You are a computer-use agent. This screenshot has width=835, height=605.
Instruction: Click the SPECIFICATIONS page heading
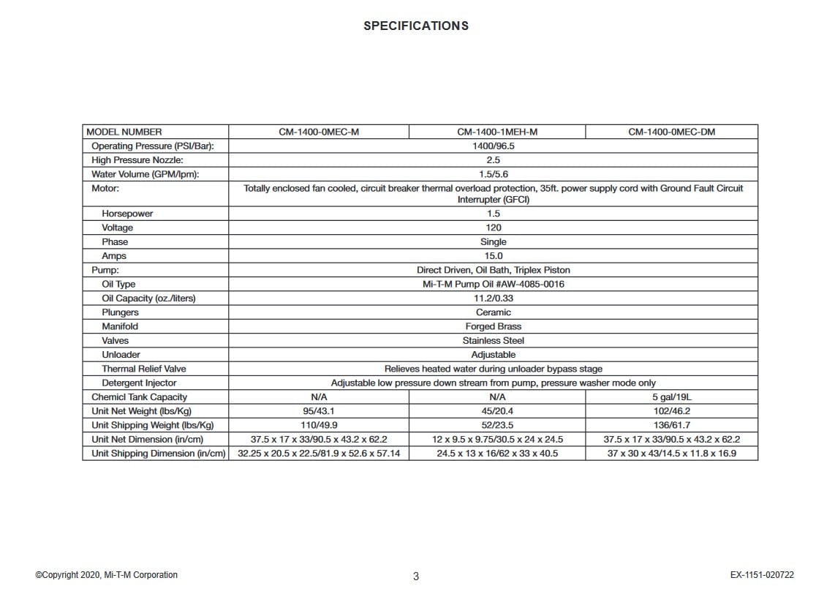click(416, 26)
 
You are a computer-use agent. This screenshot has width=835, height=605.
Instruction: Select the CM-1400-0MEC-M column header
click(319, 132)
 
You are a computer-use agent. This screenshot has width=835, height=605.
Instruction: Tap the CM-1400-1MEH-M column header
click(497, 132)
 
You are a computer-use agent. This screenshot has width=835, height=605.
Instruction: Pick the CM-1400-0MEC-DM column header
click(671, 132)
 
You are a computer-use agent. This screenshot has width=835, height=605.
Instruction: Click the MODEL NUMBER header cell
click(124, 132)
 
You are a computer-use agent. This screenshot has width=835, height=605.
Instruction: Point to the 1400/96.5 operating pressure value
click(494, 146)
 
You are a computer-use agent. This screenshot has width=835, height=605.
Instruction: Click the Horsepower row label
click(127, 214)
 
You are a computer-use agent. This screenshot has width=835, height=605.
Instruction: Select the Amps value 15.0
click(494, 256)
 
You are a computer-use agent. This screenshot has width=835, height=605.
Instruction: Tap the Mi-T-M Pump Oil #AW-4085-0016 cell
click(494, 284)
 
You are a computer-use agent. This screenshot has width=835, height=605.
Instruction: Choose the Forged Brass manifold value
click(494, 326)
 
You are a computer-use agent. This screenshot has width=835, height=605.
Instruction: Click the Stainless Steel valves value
click(494, 340)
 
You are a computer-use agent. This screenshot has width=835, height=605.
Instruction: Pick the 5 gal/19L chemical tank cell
click(671, 397)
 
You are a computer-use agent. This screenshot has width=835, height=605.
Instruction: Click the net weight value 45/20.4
click(497, 410)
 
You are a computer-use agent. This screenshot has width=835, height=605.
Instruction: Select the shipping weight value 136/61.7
click(671, 425)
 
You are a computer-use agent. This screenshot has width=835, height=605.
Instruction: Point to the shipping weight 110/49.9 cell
click(319, 425)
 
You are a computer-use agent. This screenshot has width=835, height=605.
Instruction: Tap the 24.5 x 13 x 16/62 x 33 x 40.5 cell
click(497, 454)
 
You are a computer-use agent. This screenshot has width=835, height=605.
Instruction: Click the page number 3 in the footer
click(416, 576)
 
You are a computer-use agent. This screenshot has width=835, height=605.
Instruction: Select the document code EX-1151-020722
click(762, 575)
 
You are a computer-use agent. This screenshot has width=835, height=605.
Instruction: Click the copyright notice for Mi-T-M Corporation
click(106, 575)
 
